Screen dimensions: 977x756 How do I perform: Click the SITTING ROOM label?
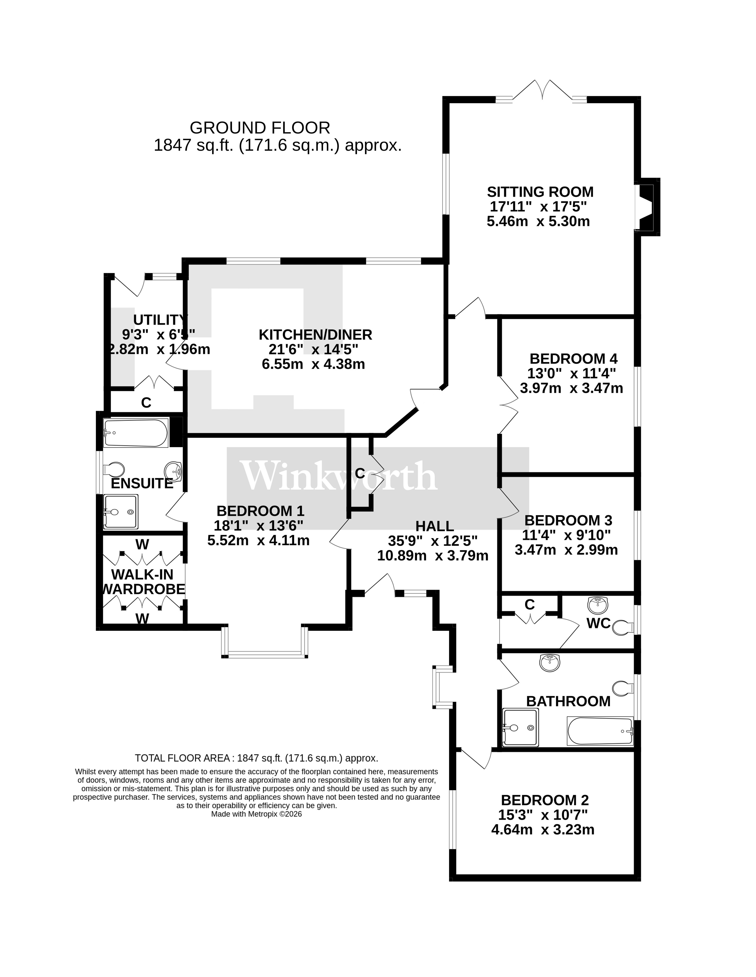tap(540, 192)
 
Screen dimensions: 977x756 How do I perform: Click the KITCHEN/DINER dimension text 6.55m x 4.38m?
tap(313, 364)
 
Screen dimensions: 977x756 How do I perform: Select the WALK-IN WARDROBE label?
tap(143, 582)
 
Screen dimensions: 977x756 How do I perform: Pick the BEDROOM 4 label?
tap(573, 359)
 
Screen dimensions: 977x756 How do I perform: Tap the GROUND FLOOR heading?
tap(260, 128)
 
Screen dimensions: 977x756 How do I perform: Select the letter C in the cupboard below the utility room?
tap(146, 403)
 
